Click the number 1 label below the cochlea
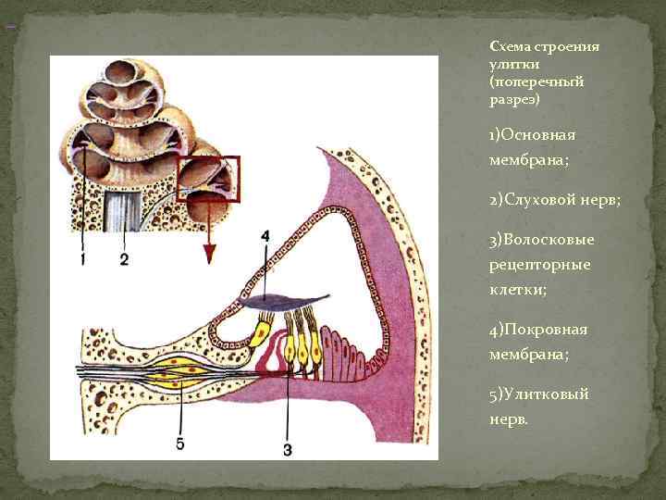[82, 258]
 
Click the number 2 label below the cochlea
[124, 258]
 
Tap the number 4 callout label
[265, 236]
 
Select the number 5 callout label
[179, 444]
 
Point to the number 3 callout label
[287, 450]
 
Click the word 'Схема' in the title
[509, 46]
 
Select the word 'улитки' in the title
[508, 64]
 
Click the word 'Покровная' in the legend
[545, 330]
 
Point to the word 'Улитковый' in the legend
[545, 394]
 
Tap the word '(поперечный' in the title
[537, 81]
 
